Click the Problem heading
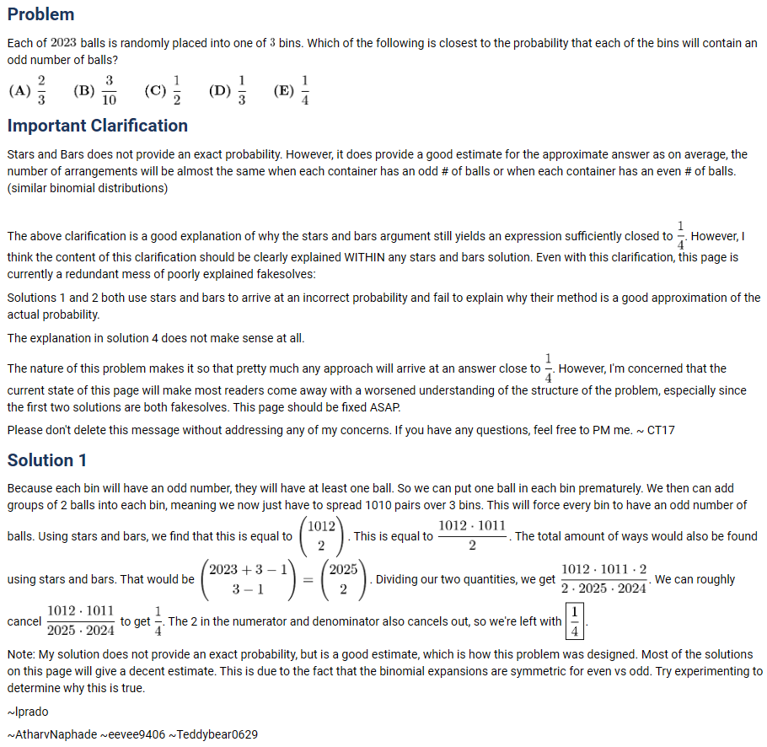coord(40,14)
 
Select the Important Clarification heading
coord(97,126)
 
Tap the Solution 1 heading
coord(47,460)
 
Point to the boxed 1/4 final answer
coord(575,621)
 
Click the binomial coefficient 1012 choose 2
coord(321,536)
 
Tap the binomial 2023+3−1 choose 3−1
coord(249,579)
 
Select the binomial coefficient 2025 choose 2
coord(343,579)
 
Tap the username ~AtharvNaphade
coord(51,734)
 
